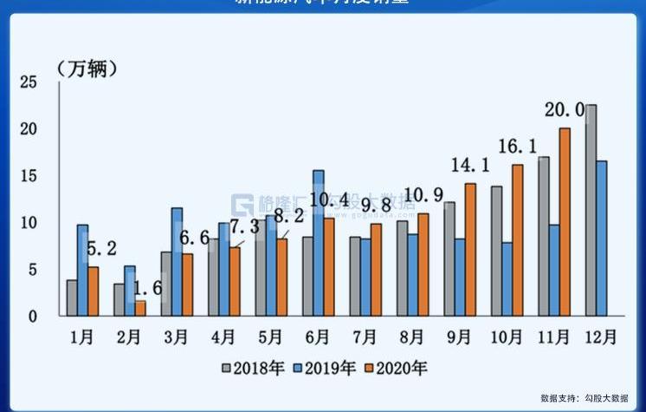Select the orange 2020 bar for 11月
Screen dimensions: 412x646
tap(565, 222)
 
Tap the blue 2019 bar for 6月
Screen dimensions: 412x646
tap(319, 243)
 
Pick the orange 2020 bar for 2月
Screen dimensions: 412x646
tap(140, 308)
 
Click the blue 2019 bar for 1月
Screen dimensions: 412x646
tap(82, 270)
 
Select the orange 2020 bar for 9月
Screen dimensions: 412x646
tap(470, 250)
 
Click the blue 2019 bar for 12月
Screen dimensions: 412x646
tap(601, 238)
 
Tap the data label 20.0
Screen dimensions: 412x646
tap(564, 110)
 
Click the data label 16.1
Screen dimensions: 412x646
tap(517, 146)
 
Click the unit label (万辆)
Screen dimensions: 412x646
tap(87, 69)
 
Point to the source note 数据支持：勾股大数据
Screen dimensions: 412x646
tap(585, 398)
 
